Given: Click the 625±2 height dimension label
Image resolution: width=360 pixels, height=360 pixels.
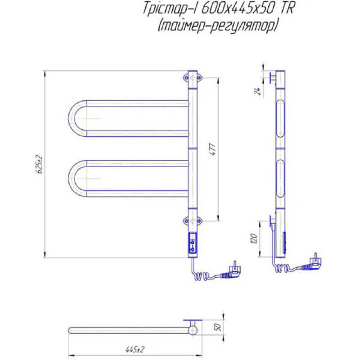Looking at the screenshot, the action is tap(40, 164).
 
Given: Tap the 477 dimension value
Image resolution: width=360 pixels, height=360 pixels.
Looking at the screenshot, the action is tap(213, 149).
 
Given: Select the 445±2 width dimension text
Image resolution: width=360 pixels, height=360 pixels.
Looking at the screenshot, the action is tap(135, 350).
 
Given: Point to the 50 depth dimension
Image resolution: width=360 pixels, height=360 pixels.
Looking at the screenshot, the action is tap(218, 327).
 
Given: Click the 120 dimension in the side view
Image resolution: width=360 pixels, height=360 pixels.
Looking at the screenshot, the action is tap(254, 239).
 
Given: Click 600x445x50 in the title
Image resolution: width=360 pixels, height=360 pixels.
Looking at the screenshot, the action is tap(238, 9).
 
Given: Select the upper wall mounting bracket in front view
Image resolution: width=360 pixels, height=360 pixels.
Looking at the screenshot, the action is tap(193, 78).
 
